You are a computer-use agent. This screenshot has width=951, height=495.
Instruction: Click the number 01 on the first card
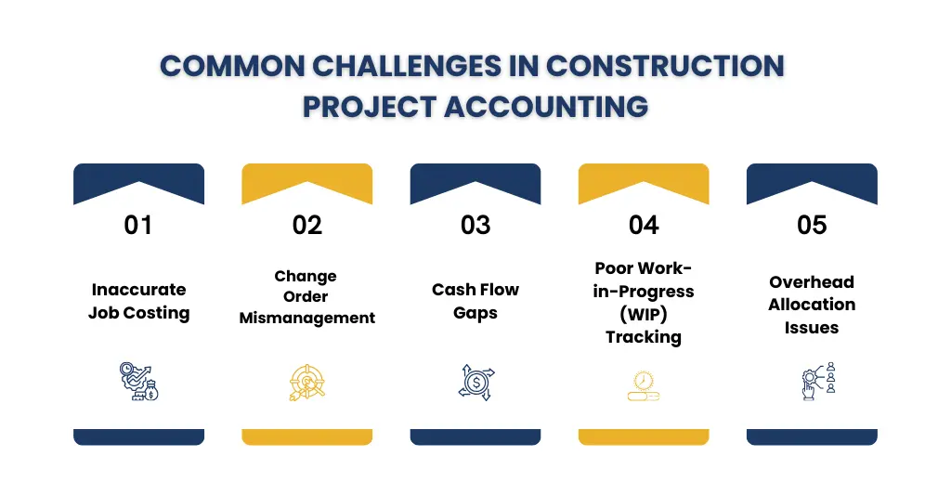pyautogui.click(x=138, y=225)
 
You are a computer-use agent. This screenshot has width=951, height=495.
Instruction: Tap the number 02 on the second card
pyautogui.click(x=306, y=225)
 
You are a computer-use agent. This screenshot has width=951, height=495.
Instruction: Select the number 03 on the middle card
pyautogui.click(x=475, y=225)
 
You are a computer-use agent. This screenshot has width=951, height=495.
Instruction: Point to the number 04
pyautogui.click(x=644, y=225)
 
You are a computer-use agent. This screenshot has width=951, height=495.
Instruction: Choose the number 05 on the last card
pyautogui.click(x=812, y=225)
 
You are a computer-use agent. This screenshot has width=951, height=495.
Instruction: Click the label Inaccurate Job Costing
pyautogui.click(x=138, y=301)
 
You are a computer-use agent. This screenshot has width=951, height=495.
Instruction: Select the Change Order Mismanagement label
pyautogui.click(x=306, y=297)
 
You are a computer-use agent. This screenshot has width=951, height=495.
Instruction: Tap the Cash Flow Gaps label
pyautogui.click(x=475, y=301)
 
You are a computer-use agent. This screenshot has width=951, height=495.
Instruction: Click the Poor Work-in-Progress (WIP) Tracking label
pyautogui.click(x=644, y=303)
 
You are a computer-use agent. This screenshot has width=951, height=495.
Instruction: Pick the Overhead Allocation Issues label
pyautogui.click(x=812, y=305)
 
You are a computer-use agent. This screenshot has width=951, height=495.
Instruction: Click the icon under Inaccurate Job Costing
pyautogui.click(x=138, y=382)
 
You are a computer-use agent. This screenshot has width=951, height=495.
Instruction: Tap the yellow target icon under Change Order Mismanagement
pyautogui.click(x=306, y=382)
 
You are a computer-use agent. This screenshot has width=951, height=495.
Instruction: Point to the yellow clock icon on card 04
pyautogui.click(x=644, y=384)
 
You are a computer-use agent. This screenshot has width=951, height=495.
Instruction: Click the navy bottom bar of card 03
pyautogui.click(x=475, y=436)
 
